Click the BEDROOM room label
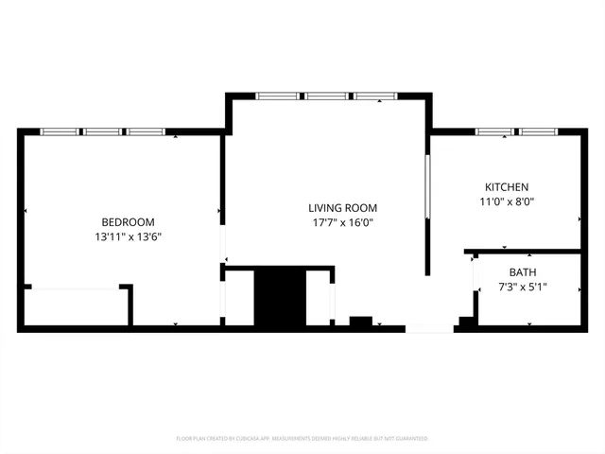click(128, 222)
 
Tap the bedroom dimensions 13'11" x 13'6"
click(128, 237)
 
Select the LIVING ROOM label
click(342, 208)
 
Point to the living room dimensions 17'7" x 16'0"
click(342, 223)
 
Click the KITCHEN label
click(507, 187)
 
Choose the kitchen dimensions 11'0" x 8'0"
click(507, 201)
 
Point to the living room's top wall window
click(326, 96)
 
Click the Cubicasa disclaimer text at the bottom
click(302, 439)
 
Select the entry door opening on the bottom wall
click(430, 328)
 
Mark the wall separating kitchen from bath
click(525, 252)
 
